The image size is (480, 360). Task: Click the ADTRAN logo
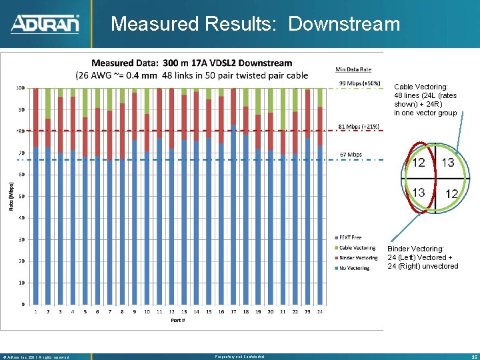click(45, 24)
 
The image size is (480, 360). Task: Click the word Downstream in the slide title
click(344, 24)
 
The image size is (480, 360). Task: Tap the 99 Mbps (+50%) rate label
click(360, 83)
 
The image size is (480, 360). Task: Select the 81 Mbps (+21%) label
click(359, 126)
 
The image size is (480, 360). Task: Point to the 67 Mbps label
click(351, 155)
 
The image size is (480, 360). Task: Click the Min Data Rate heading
click(353, 69)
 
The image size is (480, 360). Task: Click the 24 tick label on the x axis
click(320, 311)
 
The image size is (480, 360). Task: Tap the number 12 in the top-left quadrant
click(419, 163)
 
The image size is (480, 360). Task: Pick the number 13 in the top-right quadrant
click(448, 163)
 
